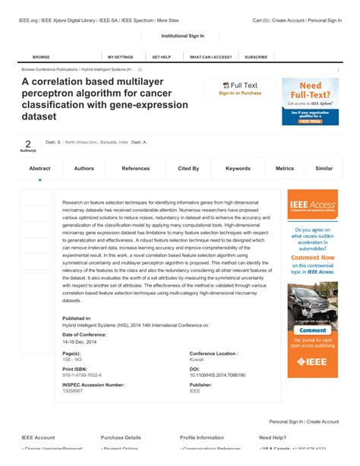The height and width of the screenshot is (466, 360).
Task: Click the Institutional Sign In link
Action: tap(183, 36)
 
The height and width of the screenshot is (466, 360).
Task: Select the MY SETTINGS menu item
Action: tap(120, 57)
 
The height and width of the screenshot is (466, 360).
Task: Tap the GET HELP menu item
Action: tap(161, 57)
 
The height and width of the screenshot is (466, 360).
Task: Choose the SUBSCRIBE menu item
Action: tap(256, 57)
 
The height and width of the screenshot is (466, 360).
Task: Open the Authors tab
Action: tap(84, 168)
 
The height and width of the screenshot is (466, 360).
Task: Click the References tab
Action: tap(136, 168)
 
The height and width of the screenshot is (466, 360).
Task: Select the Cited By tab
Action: tap(188, 168)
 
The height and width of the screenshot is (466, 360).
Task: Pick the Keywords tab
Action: tap(238, 168)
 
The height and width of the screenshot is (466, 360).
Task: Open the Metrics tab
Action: tap(285, 168)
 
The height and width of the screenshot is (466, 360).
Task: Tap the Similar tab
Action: tap(324, 168)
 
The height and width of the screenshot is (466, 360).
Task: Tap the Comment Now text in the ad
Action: tap(312, 257)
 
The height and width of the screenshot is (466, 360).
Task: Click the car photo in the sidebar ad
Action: tap(312, 304)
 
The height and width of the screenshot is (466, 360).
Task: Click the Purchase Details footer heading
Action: tap(121, 438)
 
